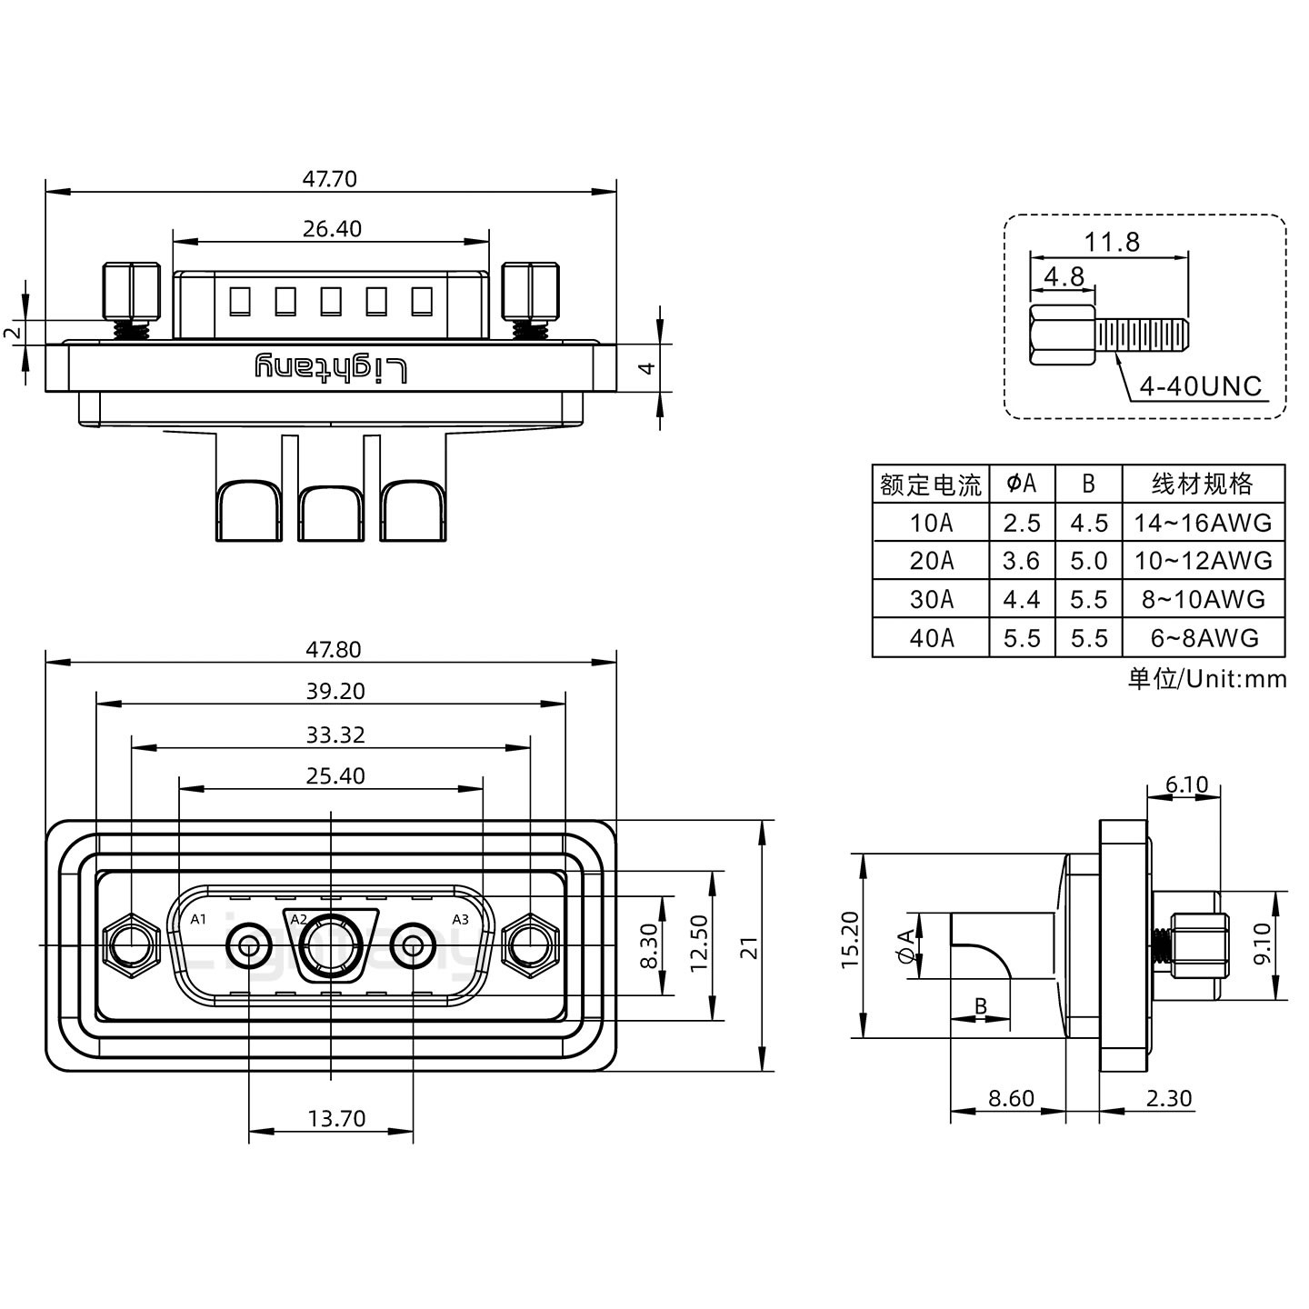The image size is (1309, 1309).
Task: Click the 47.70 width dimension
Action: tap(329, 179)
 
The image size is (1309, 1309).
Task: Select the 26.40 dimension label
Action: tap(332, 229)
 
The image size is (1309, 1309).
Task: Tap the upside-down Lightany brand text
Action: tap(330, 368)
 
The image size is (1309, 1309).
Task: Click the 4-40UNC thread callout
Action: tap(1201, 387)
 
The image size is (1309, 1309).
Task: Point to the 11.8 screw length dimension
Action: tap(1111, 243)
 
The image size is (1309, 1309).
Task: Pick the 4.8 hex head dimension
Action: tap(1063, 276)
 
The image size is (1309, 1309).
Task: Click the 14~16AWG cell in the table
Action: tap(1203, 523)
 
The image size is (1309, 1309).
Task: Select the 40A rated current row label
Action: tap(931, 638)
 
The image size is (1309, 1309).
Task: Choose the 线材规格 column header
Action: tap(1203, 484)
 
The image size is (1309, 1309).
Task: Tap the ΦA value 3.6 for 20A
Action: tap(1021, 561)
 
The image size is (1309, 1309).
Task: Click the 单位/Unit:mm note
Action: tap(1207, 679)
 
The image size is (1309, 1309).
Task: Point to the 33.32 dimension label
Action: tap(335, 734)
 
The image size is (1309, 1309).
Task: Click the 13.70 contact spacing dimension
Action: tap(335, 1118)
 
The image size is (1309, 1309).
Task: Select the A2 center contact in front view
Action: tap(330, 946)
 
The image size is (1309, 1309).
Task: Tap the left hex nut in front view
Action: tap(129, 946)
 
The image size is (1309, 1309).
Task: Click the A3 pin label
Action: tap(460, 919)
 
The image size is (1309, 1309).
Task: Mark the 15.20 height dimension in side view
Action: tap(850, 940)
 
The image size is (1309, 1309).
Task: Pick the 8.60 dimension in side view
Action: tap(1011, 1098)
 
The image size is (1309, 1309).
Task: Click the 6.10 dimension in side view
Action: tap(1186, 784)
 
